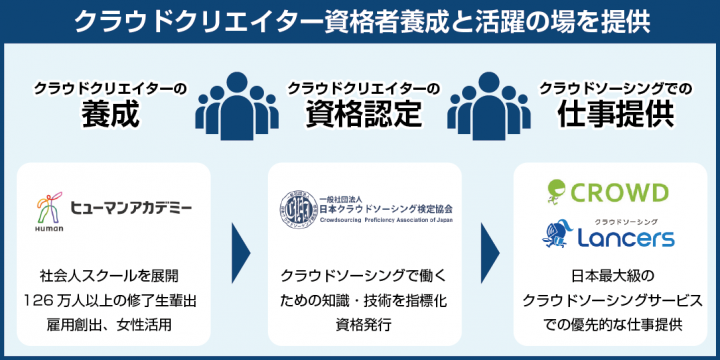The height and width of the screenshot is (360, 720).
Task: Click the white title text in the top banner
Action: coord(360,22)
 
